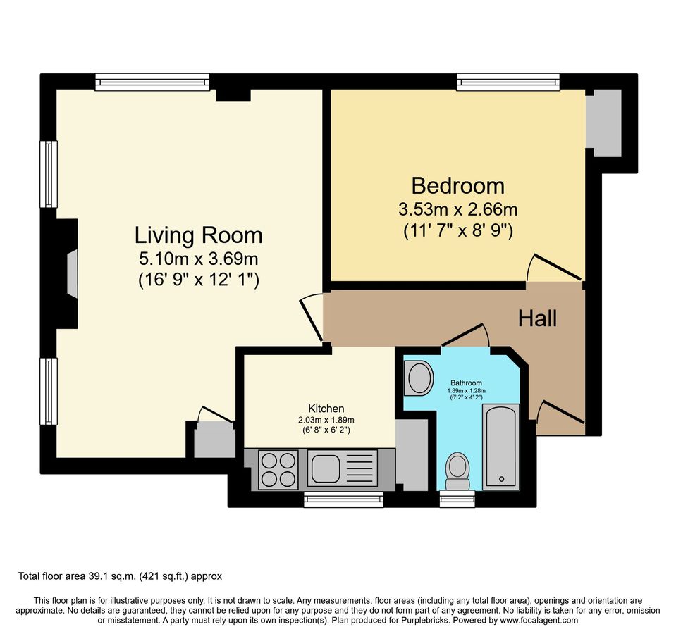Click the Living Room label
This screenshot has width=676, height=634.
pos(198,235)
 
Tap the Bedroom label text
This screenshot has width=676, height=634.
pos(457,186)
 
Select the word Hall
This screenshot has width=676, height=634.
pos(537,318)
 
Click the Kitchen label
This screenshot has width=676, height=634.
pos(326,409)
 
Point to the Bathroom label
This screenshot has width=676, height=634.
pos(466,383)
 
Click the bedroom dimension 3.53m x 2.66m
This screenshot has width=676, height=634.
pos(457,209)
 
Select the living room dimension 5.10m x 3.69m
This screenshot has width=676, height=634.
pos(199,258)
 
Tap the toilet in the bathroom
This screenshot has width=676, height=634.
pos(457,470)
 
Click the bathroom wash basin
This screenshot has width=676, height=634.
pos(420,378)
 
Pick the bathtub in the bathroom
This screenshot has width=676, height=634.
pos(501,447)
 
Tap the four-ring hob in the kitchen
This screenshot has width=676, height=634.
pos(278,468)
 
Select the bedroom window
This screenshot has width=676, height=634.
pos(508,82)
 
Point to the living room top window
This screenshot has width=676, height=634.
pos(152,82)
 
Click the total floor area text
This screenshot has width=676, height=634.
pos(120,576)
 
